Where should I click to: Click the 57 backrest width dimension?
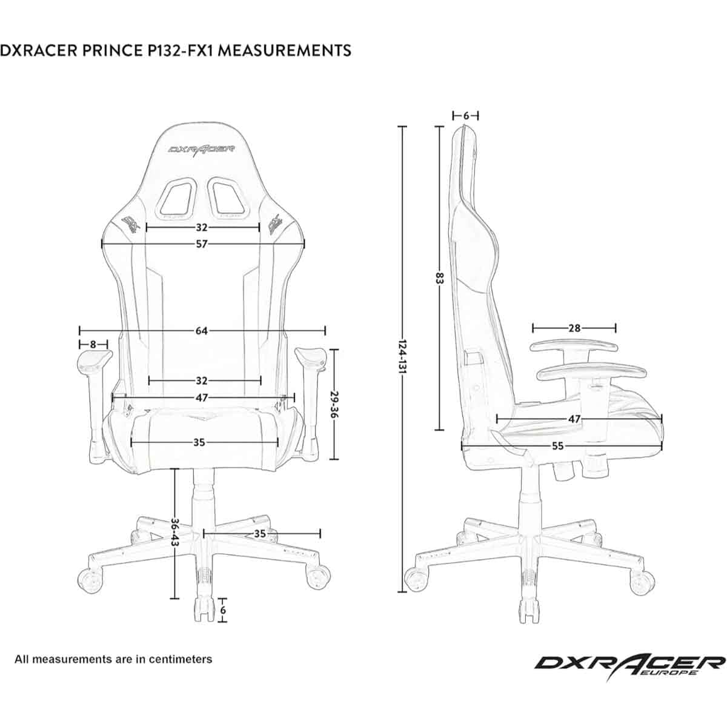click(202, 244)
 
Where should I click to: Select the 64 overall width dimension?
click(202, 331)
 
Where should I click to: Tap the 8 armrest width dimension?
click(93, 344)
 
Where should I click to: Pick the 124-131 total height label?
click(402, 357)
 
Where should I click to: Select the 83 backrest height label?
click(439, 279)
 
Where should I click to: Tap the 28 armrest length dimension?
click(574, 328)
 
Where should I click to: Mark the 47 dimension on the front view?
click(202, 397)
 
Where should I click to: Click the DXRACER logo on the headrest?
click(202, 149)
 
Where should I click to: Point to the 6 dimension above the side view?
click(465, 116)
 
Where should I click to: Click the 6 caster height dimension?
click(223, 609)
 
